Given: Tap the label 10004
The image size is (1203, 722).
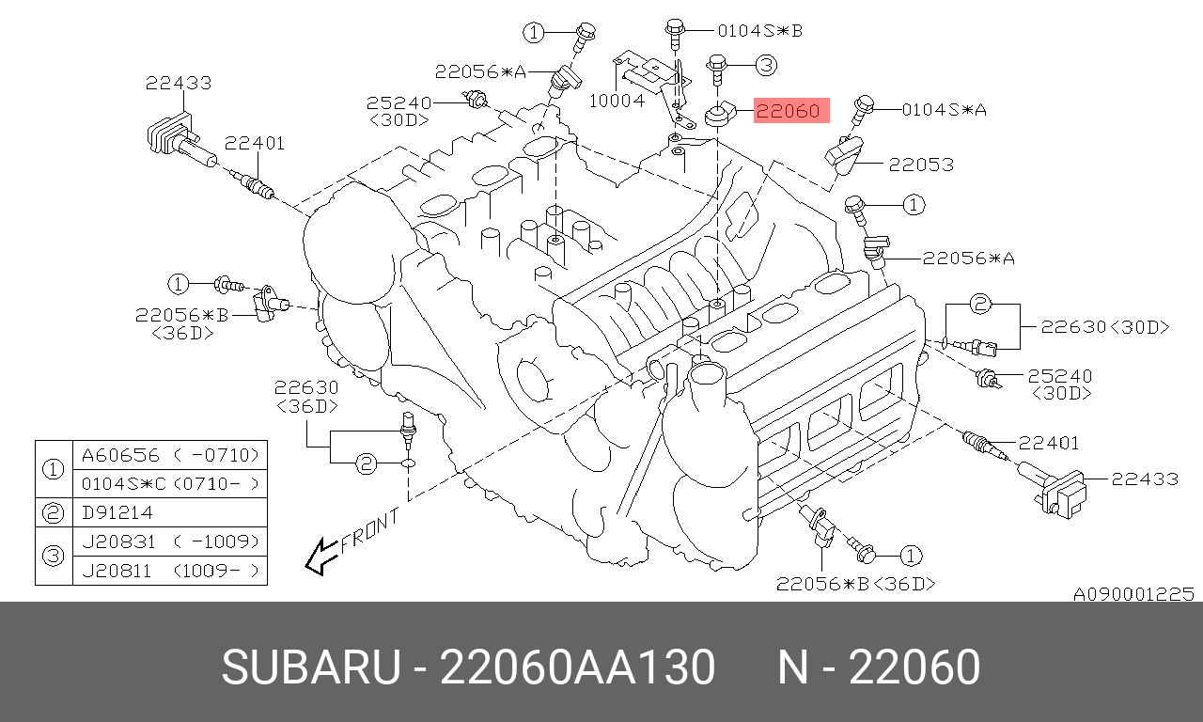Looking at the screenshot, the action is (x=617, y=101).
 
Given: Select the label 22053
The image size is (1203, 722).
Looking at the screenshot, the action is (x=921, y=165).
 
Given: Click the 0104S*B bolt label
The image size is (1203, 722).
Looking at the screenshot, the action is (x=760, y=31).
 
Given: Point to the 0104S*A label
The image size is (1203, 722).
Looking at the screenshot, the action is (x=945, y=110).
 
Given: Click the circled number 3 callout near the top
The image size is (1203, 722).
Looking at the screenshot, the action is (x=766, y=65).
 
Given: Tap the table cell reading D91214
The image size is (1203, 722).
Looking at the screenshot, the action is (x=117, y=512).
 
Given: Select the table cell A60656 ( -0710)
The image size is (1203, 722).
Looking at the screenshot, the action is (x=170, y=456).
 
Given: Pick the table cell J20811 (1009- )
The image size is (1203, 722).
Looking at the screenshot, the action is (x=170, y=571).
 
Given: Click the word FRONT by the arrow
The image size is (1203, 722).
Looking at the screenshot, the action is (x=370, y=531).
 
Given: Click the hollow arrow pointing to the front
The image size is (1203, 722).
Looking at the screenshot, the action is (x=321, y=557).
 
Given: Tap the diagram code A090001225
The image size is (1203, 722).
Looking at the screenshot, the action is (x=1133, y=594).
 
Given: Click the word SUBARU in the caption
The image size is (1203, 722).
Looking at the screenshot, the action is (x=311, y=667).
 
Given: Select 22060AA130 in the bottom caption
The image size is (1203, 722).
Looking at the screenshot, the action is (x=577, y=667).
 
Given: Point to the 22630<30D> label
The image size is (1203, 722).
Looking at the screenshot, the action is (x=1105, y=327).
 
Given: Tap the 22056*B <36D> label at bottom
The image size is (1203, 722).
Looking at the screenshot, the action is (x=856, y=584).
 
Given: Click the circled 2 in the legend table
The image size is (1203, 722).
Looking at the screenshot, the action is (x=54, y=512).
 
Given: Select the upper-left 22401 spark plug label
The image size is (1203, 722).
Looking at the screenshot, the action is (x=254, y=144).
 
